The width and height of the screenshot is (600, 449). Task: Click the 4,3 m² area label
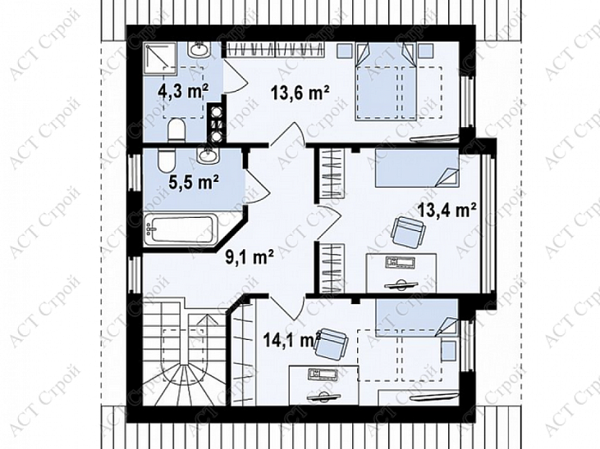182,92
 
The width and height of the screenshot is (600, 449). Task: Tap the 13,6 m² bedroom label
300,92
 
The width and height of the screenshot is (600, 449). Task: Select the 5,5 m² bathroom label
194,182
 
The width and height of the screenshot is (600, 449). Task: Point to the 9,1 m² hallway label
249,256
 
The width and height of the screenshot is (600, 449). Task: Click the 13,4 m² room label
447,210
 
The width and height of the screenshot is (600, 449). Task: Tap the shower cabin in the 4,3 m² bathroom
161,58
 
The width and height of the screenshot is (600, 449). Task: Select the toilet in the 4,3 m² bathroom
176,129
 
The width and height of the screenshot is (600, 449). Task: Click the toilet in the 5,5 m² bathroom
166,161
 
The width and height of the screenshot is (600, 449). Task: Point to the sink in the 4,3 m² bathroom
199,49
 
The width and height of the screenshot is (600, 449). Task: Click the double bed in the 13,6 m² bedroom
387,81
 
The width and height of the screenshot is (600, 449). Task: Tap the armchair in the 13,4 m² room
408,230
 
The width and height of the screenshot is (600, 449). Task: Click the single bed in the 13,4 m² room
417,168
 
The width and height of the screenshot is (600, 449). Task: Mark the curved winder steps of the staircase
184,384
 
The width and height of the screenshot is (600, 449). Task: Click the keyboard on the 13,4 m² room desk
401,263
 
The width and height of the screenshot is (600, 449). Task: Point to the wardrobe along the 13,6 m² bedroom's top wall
274,50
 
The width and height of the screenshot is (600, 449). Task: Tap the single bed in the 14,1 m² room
417,318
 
